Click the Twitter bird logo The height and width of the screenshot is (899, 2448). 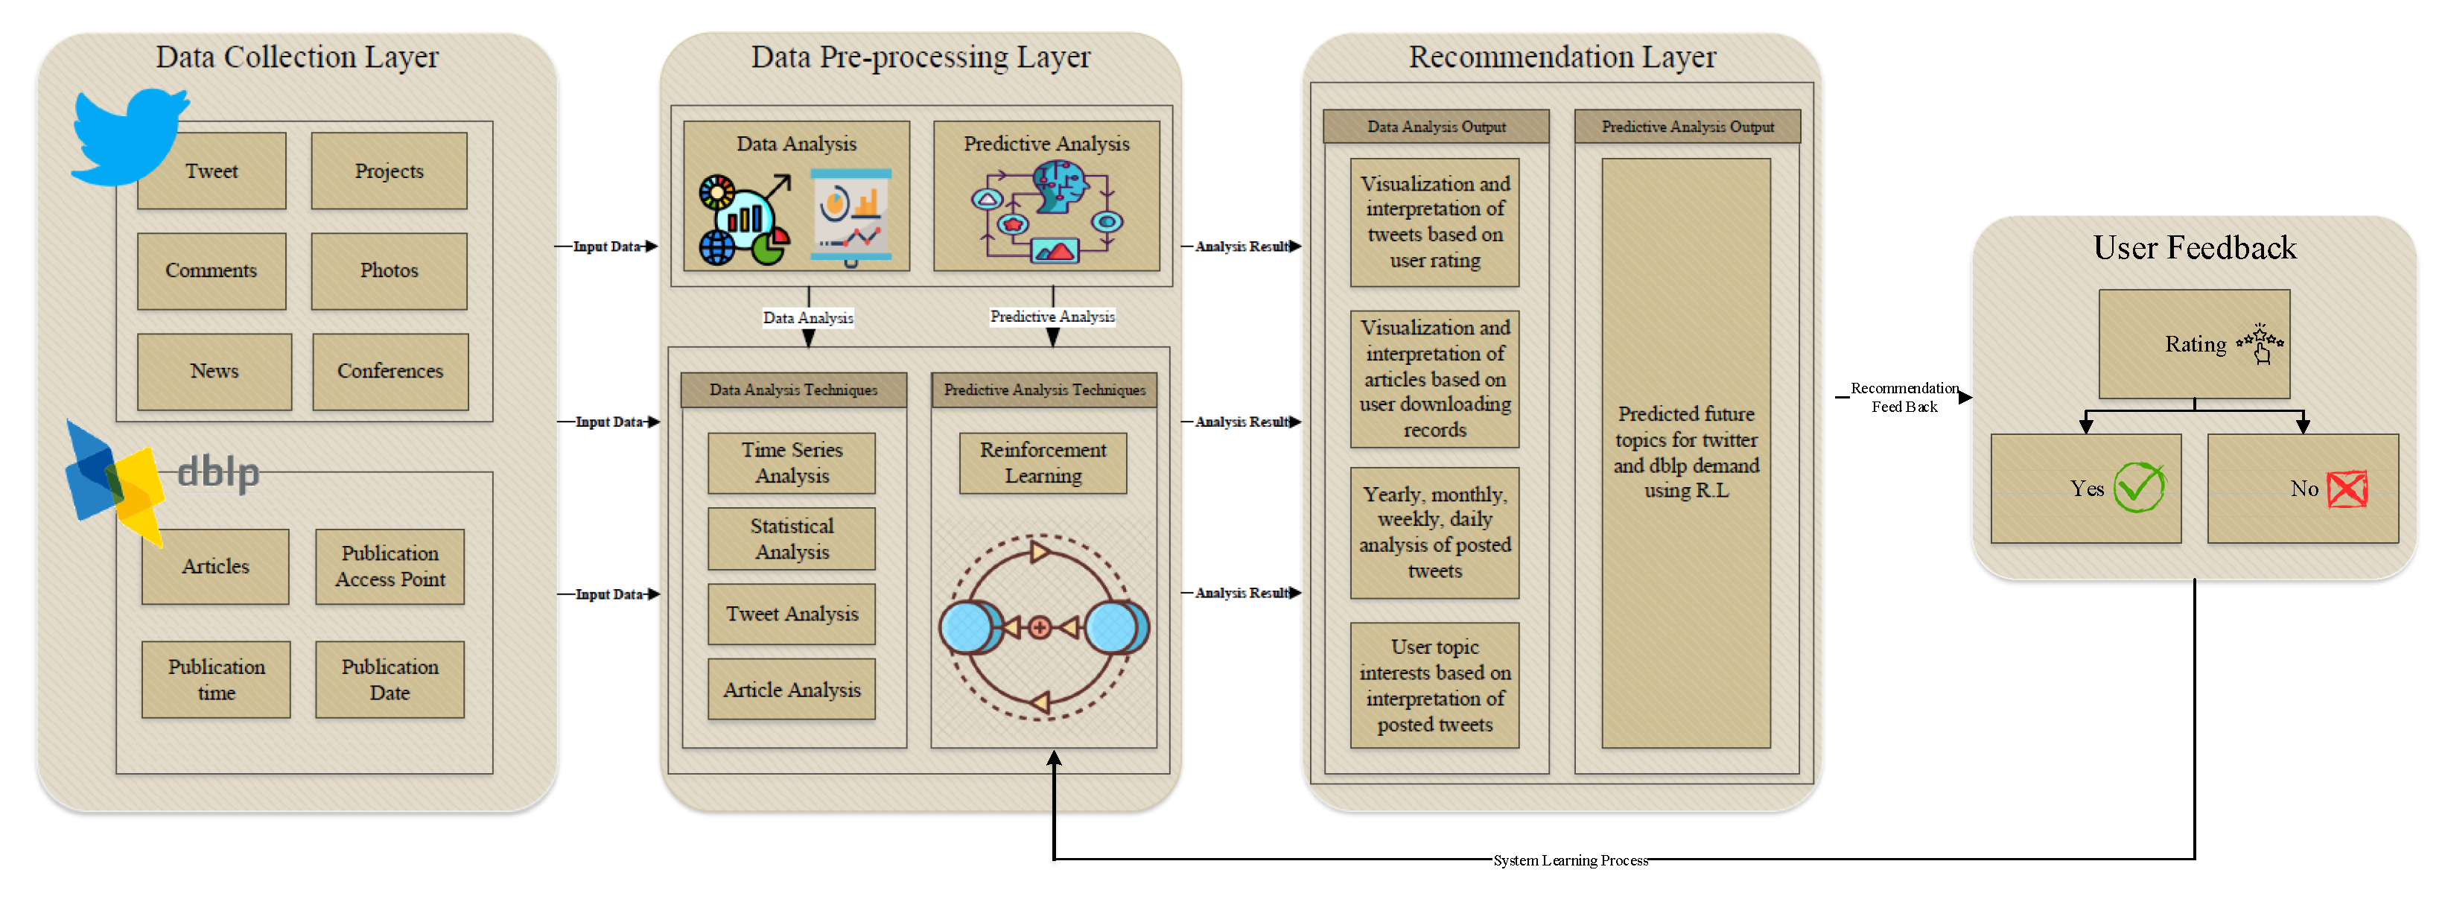pos(130,137)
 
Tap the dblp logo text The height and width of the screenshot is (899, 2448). pos(217,472)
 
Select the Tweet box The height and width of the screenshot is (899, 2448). pos(212,171)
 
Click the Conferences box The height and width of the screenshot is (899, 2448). pos(390,372)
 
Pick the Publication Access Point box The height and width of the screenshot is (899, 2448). pos(390,566)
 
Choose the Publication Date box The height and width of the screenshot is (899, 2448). pos(390,679)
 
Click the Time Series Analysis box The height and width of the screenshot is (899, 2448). pos(792,463)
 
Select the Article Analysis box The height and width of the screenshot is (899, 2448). pos(792,690)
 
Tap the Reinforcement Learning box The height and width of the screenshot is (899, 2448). pos(1043,463)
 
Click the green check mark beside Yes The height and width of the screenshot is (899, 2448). pos(2139,488)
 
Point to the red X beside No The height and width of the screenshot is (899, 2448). pos(2347,489)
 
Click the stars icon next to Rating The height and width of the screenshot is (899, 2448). pos(2261,344)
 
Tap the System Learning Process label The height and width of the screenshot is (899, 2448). pos(1570,860)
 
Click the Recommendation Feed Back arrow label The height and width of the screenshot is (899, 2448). pos(1904,397)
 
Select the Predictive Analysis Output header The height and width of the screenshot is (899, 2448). pos(1688,127)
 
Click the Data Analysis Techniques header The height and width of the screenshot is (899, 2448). pos(793,390)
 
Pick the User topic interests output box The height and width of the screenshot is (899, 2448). pos(1435,685)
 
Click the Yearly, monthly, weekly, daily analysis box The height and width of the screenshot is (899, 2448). pos(1435,533)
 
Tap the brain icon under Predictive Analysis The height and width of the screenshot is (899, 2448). pos(1061,185)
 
